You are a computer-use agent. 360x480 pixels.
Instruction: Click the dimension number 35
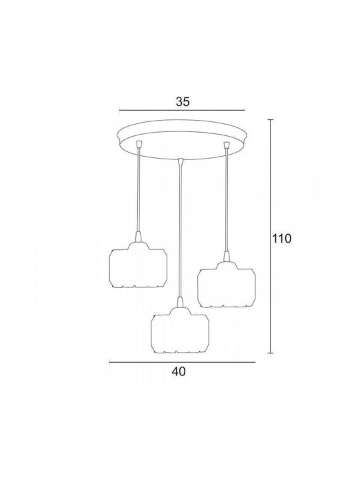[x=183, y=101]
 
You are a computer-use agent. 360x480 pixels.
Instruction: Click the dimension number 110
[x=282, y=239]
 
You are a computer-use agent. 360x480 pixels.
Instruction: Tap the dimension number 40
[x=179, y=371]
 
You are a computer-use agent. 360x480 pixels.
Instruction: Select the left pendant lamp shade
[x=139, y=265]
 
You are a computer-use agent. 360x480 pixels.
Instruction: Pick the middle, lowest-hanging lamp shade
[x=180, y=330]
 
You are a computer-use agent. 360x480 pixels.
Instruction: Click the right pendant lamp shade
[x=226, y=285]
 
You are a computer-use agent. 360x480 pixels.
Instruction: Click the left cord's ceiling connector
[x=139, y=143]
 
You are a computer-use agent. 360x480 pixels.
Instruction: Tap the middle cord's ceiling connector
[x=181, y=161]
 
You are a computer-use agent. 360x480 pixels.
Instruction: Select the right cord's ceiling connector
[x=227, y=144]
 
